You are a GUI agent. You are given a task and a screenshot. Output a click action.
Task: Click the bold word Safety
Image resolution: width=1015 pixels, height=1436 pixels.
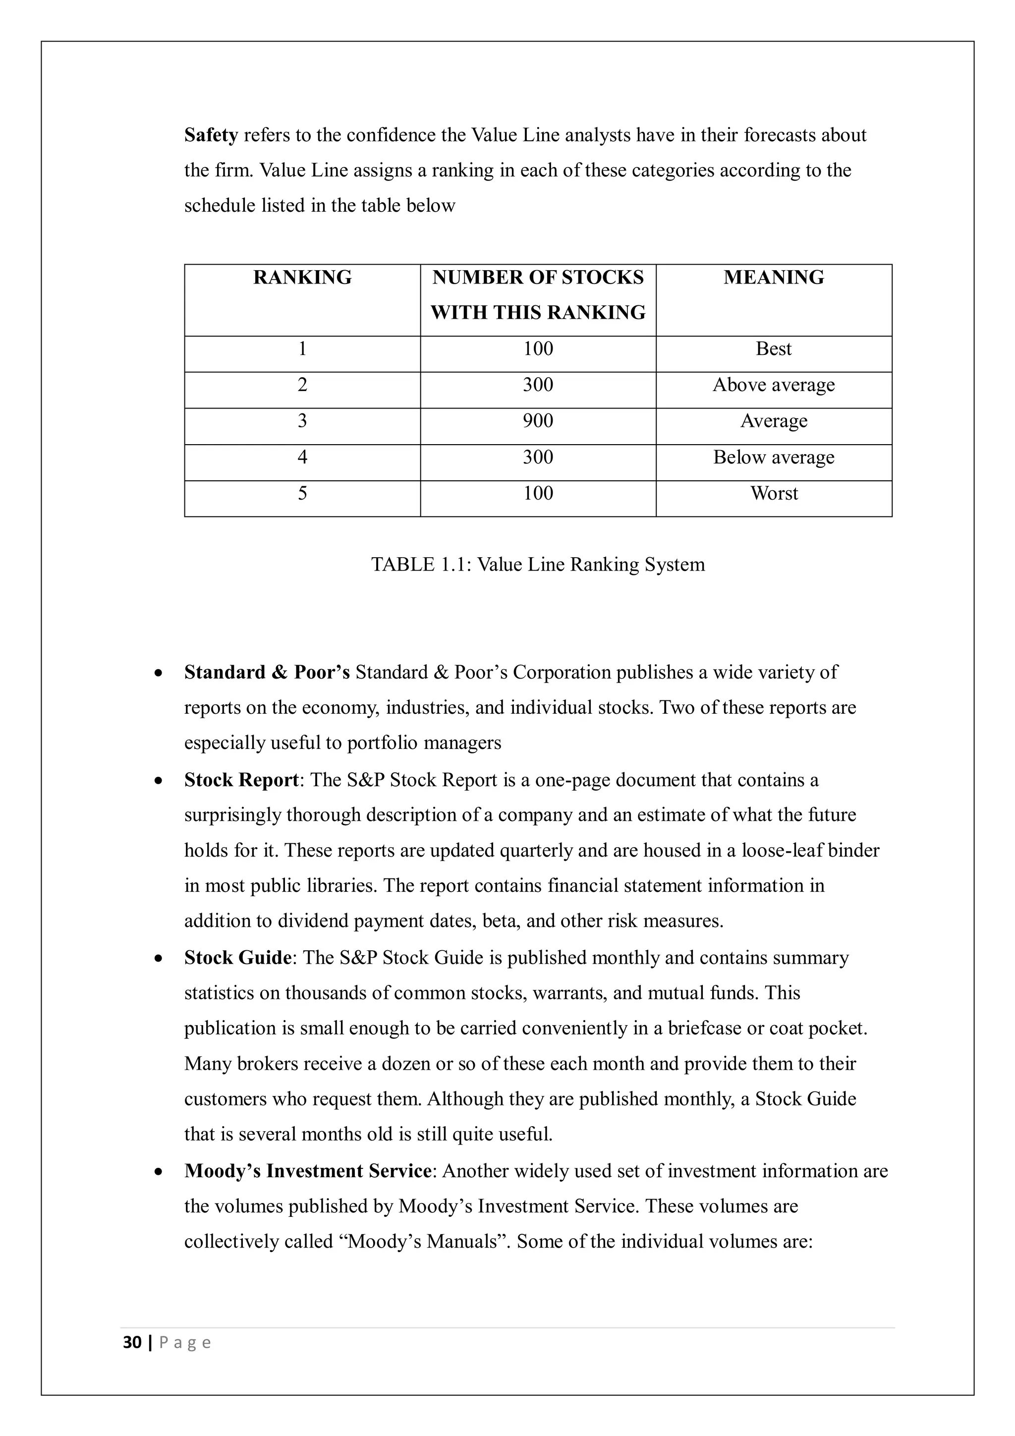(211, 135)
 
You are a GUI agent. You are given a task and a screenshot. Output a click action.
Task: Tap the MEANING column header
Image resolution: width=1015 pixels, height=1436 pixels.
(774, 277)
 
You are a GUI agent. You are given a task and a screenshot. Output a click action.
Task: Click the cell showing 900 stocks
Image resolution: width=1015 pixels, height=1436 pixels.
(538, 421)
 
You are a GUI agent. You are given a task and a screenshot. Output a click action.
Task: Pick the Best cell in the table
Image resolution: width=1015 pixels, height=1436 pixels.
(774, 348)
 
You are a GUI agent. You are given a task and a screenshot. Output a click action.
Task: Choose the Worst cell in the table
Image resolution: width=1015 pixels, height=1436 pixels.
(774, 494)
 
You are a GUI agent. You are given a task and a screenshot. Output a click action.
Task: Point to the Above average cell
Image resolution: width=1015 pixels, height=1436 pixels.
(774, 385)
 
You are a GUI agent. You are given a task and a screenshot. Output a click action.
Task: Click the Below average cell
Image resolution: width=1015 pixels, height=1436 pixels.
(774, 457)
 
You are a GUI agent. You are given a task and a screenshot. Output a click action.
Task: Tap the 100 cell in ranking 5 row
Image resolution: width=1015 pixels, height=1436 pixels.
(538, 494)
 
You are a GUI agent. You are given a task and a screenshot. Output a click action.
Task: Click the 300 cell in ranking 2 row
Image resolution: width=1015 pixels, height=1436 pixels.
(538, 385)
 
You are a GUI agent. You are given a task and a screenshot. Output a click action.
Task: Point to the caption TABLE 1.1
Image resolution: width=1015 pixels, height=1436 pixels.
(538, 564)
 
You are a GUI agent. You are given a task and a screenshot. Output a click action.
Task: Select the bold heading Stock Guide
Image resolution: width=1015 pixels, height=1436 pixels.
(238, 958)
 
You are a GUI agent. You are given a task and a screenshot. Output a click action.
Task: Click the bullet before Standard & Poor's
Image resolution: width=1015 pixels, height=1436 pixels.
(160, 674)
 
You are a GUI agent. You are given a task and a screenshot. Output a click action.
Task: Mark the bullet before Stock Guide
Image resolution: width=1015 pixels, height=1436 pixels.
(160, 959)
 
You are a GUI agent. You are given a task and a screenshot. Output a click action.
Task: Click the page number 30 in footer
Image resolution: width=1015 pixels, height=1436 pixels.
(132, 1342)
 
